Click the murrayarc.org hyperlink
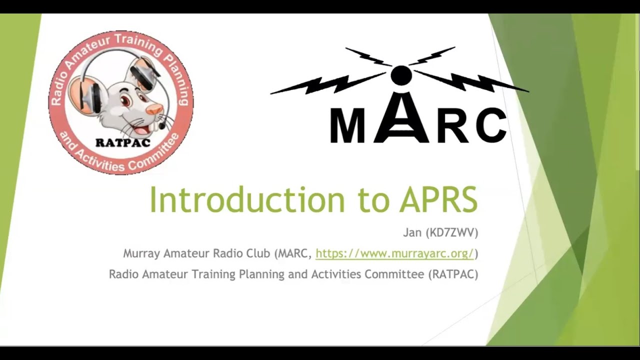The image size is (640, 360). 394,253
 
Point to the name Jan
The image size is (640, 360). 413,232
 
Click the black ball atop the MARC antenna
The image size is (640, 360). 400,75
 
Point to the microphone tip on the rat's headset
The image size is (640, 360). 162,126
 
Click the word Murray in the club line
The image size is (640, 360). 140,253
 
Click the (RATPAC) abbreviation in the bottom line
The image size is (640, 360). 453,274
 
